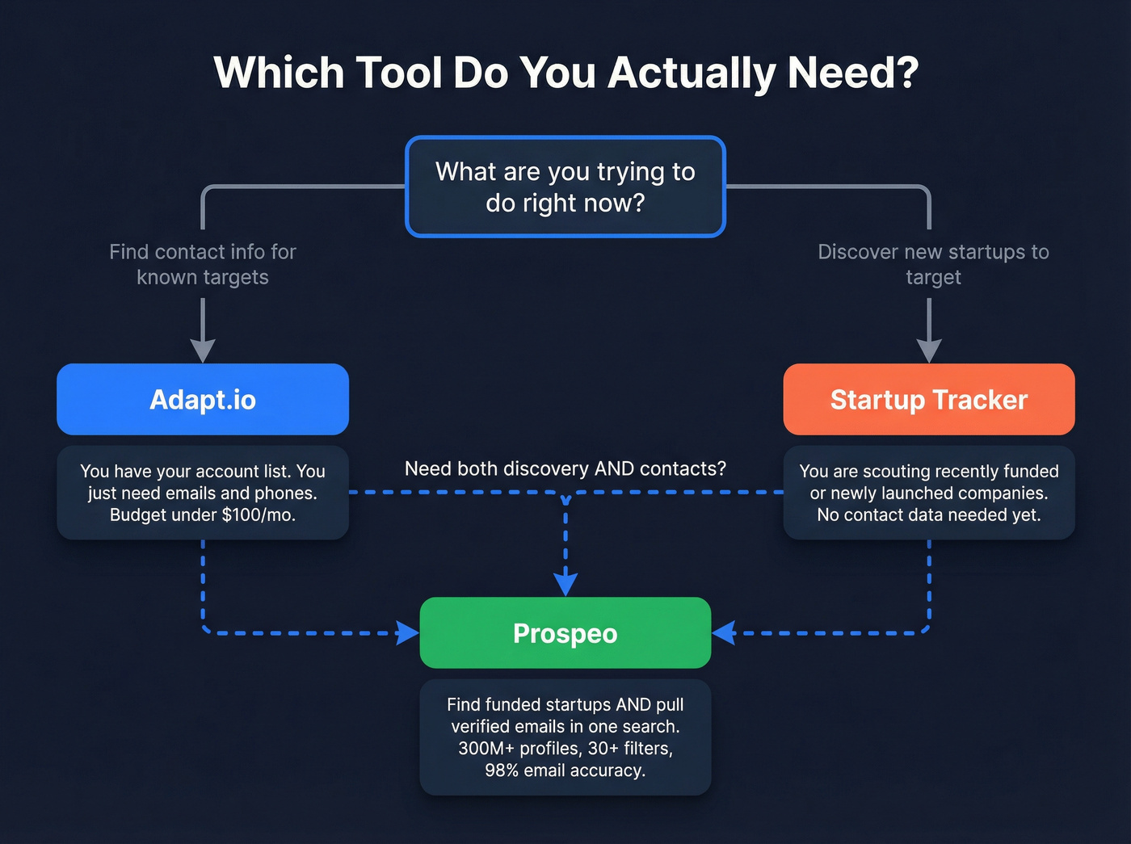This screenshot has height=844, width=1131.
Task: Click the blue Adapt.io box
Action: (202, 399)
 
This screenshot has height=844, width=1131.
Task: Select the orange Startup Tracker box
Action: (929, 399)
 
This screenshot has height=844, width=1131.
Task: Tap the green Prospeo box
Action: (565, 632)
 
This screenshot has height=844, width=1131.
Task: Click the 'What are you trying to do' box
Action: (565, 187)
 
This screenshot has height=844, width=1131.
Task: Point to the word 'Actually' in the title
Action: (692, 73)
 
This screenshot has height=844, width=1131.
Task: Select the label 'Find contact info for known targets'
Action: (203, 264)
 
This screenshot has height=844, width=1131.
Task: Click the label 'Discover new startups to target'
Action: (933, 264)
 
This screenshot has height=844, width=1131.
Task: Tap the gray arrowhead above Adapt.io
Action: (203, 350)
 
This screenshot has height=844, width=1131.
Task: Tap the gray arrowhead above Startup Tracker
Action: (929, 350)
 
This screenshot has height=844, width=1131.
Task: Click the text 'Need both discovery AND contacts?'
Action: (565, 468)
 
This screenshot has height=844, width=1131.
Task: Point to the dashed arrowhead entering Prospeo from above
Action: (565, 583)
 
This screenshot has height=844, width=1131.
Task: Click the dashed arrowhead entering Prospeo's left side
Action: (407, 632)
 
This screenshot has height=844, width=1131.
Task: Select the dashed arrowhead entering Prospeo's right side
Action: (724, 632)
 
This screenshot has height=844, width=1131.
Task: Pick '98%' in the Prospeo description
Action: (502, 771)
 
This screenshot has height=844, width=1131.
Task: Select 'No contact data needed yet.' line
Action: (929, 515)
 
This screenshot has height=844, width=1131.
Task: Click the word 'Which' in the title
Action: (279, 73)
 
